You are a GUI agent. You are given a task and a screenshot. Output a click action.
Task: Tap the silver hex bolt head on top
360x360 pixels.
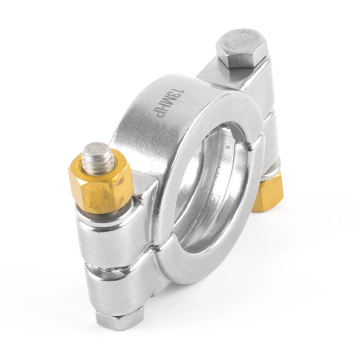(x=241, y=47)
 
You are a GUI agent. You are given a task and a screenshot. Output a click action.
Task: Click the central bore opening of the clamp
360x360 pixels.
(x=211, y=189)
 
